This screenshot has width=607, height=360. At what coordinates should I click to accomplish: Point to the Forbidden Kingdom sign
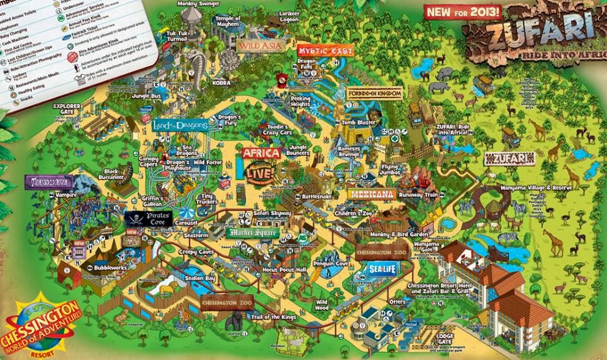click(374, 94)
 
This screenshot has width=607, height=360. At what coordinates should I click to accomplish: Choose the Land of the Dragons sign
click(180, 125)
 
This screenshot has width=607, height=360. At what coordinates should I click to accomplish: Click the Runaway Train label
click(418, 196)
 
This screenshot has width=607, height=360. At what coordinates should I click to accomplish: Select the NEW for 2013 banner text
click(465, 11)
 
